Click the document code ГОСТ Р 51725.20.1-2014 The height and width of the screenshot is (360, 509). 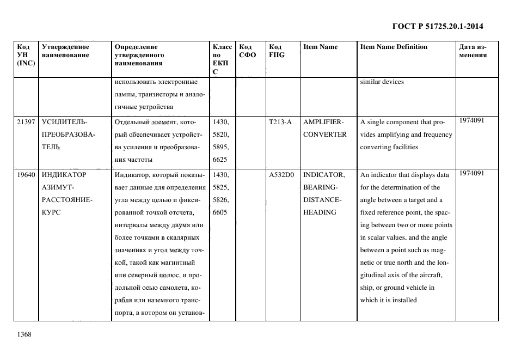click(438, 26)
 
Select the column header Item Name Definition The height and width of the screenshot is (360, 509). click(394, 47)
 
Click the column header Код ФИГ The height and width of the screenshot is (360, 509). click(276, 51)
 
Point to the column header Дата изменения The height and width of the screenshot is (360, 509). click(473, 51)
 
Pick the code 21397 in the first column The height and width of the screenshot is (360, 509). click(26, 121)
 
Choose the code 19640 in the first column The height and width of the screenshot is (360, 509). click(26, 175)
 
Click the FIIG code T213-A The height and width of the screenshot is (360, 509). click(280, 121)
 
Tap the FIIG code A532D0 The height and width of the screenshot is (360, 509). click(281, 175)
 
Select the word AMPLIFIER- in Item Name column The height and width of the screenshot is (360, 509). click(323, 121)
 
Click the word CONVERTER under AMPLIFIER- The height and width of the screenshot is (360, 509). click(324, 134)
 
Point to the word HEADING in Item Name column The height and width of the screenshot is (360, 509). click(320, 212)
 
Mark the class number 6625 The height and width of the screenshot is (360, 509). click(220, 159)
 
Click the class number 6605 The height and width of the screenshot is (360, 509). click(220, 212)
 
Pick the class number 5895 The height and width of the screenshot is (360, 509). click(220, 147)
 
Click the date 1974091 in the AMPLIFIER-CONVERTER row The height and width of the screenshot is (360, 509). click(471, 120)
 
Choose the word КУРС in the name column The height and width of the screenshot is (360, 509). click(52, 212)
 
